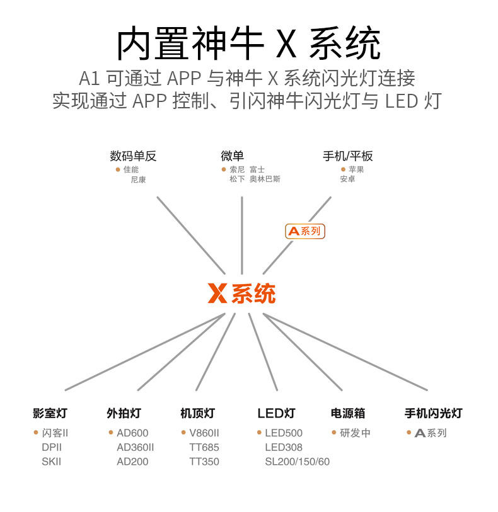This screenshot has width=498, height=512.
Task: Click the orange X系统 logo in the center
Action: click(241, 293)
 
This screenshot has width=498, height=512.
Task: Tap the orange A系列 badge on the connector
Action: click(305, 231)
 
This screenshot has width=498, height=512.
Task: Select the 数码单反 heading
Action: click(133, 156)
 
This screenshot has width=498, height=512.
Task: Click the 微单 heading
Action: click(233, 156)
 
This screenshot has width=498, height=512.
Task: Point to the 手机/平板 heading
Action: click(348, 156)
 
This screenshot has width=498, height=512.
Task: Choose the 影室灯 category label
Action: click(50, 413)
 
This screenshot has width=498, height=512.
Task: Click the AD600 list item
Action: click(132, 433)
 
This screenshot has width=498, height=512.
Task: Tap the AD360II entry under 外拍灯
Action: click(136, 447)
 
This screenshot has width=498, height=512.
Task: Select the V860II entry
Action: click(204, 433)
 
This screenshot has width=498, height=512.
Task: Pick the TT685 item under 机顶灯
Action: click(204, 447)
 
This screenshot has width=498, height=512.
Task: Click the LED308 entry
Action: click(284, 447)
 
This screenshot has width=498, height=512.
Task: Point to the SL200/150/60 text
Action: click(298, 462)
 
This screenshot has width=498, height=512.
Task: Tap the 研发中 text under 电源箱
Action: click(355, 433)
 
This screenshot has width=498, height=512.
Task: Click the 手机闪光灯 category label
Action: click(433, 413)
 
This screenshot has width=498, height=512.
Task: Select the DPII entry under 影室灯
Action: click(52, 447)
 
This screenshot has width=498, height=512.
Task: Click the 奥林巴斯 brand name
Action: click(265, 179)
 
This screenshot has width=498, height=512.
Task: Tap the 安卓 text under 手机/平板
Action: click(348, 179)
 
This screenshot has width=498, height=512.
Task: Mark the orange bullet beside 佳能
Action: click(118, 169)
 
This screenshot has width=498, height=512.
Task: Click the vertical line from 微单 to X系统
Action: click(242, 236)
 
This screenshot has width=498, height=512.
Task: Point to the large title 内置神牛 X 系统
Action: click(248, 43)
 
